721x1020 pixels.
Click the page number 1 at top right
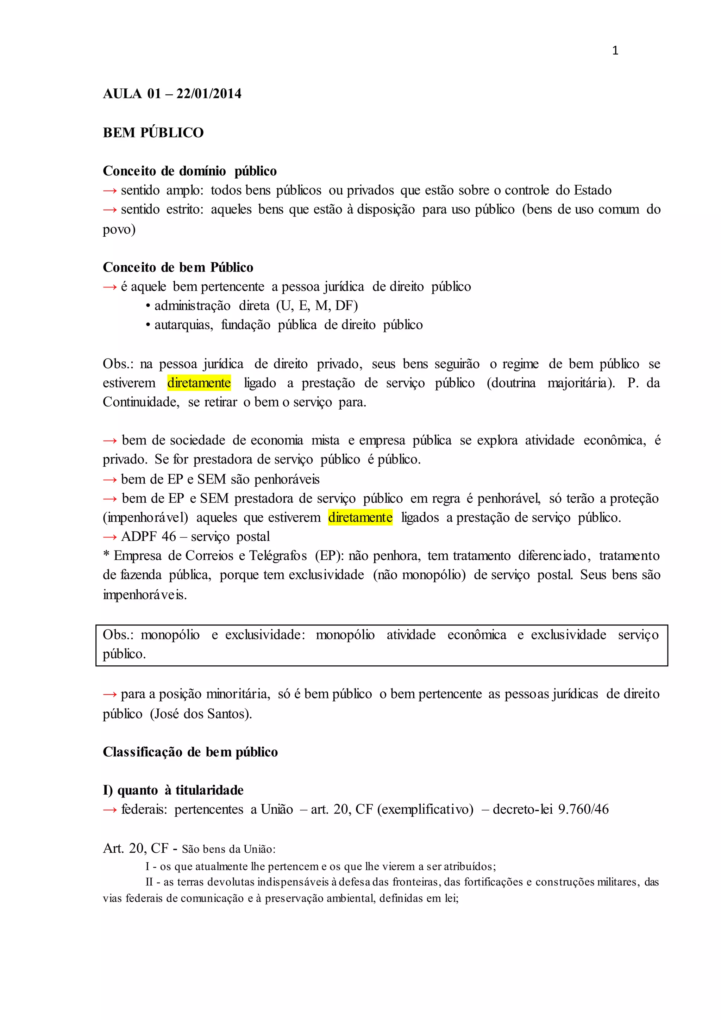pos(615,51)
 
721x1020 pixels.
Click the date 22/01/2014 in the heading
pos(209,94)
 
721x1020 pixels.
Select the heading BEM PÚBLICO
pos(153,132)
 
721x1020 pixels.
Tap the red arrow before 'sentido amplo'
pos(109,191)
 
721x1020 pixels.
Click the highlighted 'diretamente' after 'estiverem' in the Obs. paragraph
pos(199,383)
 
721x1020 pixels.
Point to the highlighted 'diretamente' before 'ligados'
pos(360,517)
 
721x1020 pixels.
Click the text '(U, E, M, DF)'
pos(317,306)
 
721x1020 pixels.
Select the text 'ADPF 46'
pos(149,537)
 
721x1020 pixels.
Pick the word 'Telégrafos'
pos(277,556)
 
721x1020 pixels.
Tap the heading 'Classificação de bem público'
pos(190,752)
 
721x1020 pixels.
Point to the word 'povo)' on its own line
pos(119,230)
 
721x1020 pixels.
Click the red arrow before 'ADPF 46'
pos(109,537)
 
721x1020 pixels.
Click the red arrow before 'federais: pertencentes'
pos(109,810)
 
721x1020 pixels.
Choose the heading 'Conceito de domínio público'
pos(189,171)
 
